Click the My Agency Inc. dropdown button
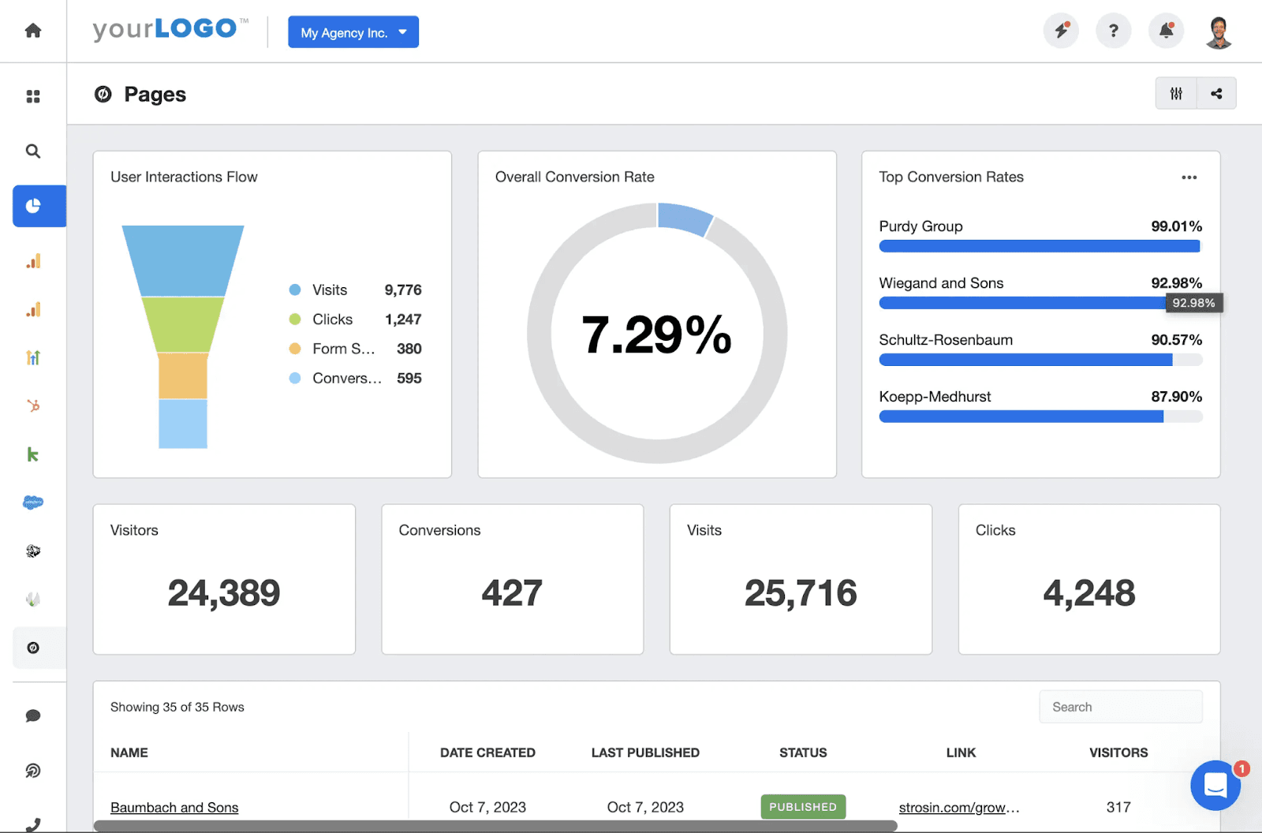coord(353,32)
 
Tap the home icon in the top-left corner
coord(33,31)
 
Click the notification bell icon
coord(1166,31)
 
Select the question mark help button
coord(1113,31)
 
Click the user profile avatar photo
coord(1219,32)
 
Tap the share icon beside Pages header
coord(1216,94)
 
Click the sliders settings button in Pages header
coord(1176,94)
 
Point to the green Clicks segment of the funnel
coord(183,324)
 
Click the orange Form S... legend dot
coord(295,349)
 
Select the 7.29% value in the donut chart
coord(656,334)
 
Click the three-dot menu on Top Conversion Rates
coord(1189,177)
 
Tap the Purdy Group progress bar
coord(1039,246)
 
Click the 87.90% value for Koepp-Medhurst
coord(1176,397)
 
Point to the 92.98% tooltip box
coord(1193,303)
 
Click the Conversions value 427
coord(512,593)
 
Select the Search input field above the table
coord(1120,707)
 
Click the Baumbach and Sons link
coord(174,807)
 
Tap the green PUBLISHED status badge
coord(803,806)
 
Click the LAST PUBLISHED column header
coord(645,753)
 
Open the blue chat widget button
coord(1215,785)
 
